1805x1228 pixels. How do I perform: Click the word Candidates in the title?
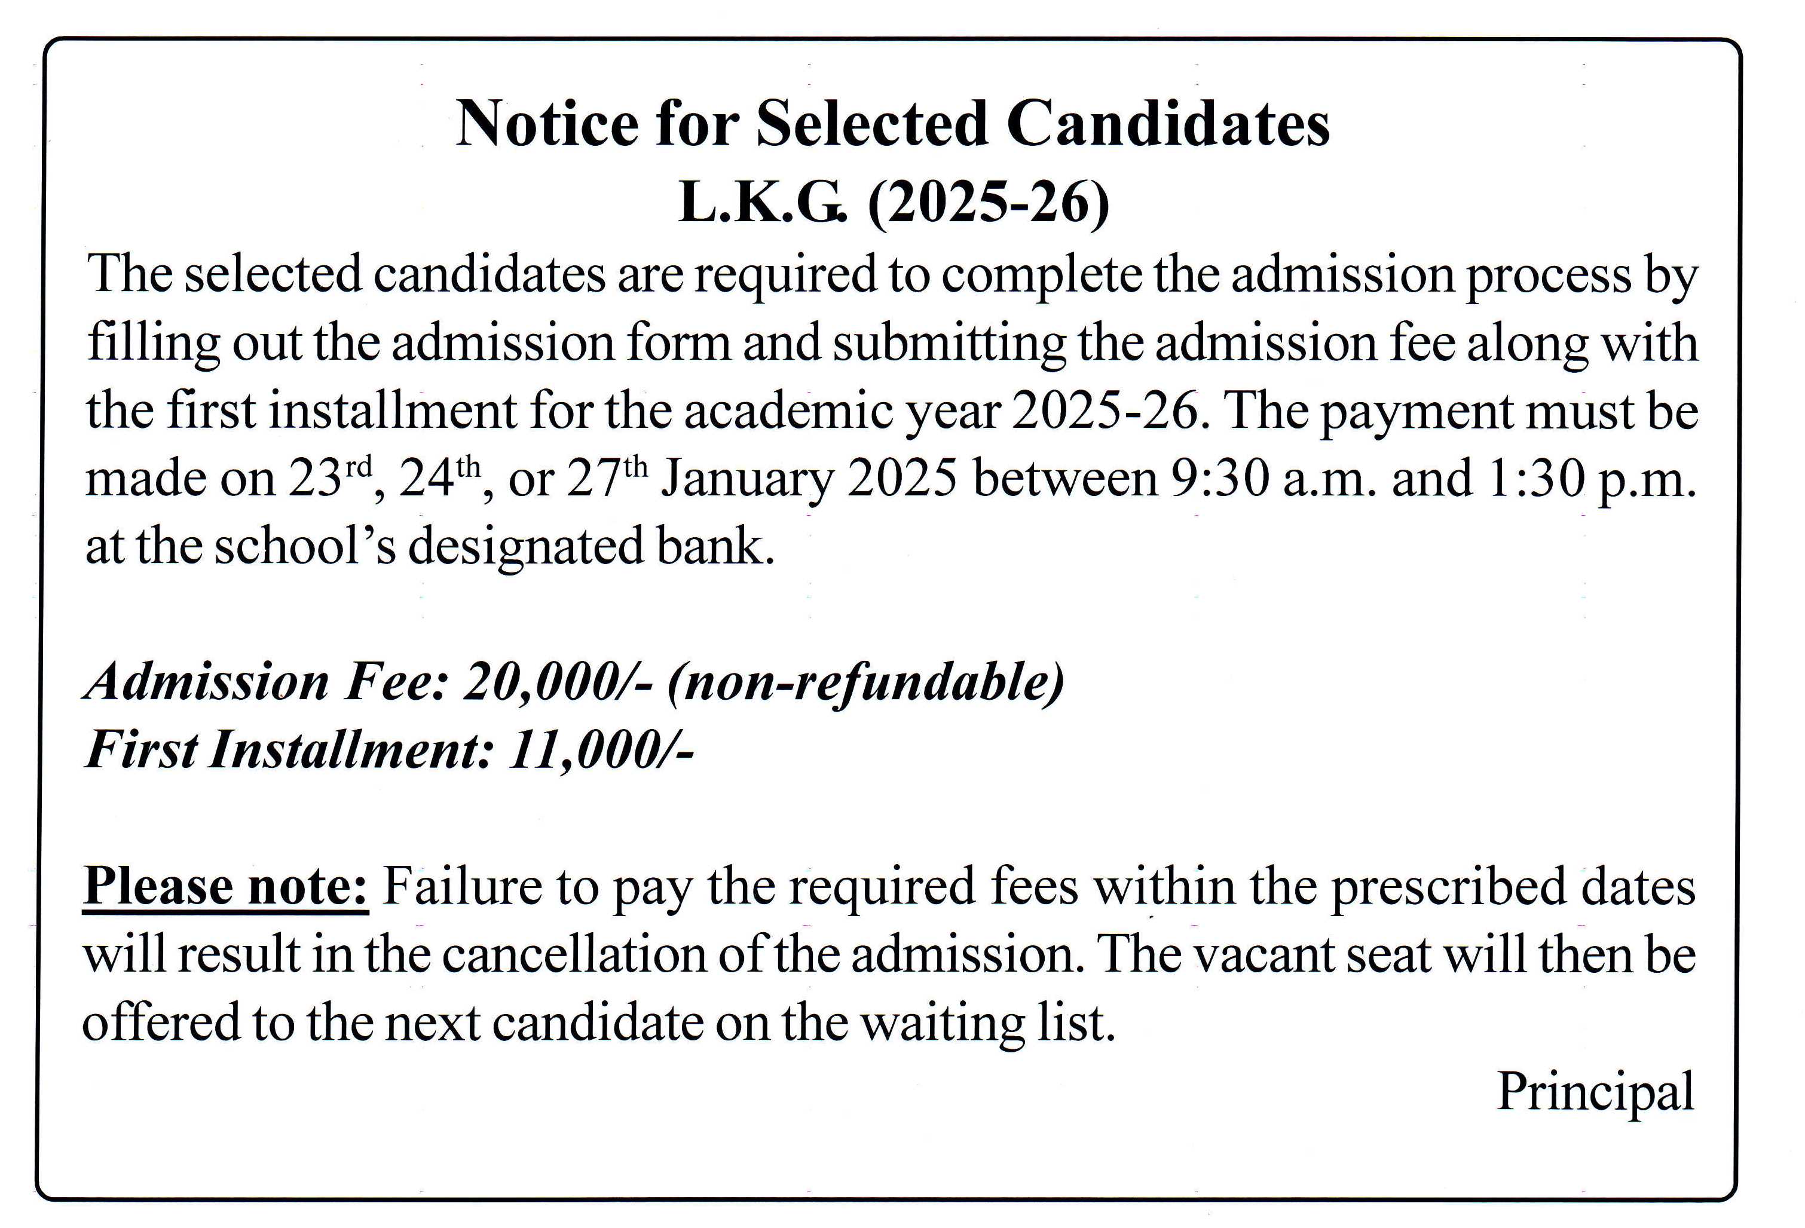click(x=1167, y=124)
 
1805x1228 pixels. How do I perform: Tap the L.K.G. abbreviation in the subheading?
click(x=760, y=204)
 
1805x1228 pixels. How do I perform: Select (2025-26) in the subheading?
click(x=988, y=204)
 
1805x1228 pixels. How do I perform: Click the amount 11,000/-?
click(x=599, y=751)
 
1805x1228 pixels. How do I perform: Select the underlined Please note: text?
click(x=225, y=886)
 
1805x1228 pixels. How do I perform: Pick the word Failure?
click(x=462, y=886)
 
